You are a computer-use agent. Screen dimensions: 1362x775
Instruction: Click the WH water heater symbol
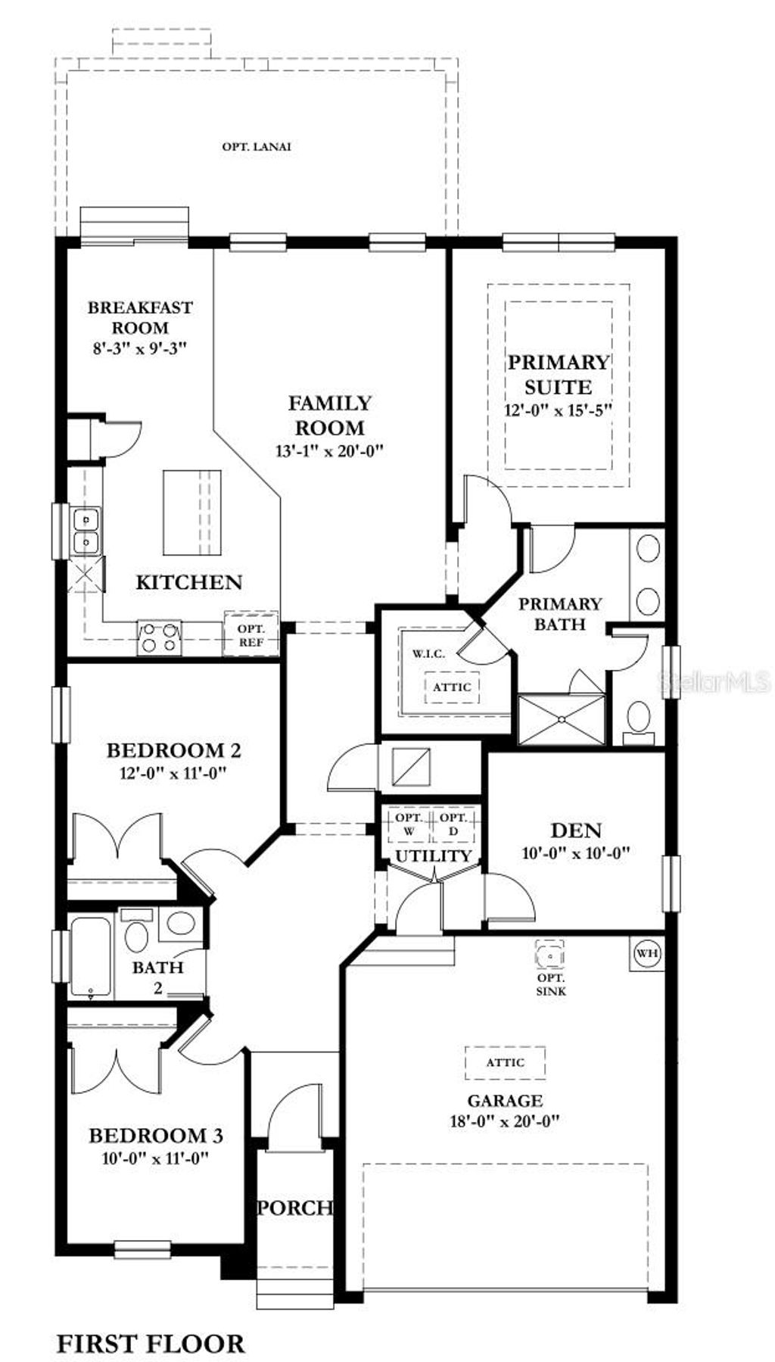646,952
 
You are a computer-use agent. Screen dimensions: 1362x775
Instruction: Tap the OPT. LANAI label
257,147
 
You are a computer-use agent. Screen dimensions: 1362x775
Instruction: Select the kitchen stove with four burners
160,637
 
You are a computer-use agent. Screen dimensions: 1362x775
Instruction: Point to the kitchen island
192,512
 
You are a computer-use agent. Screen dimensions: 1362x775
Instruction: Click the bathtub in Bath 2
90,957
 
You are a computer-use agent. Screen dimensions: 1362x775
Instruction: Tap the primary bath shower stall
561,719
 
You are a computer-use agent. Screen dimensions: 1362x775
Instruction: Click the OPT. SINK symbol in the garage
549,956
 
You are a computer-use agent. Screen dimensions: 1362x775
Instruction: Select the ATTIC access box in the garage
505,1062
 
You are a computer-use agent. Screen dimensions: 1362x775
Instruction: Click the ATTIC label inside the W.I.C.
452,687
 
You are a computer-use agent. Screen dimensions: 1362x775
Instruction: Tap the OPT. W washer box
409,824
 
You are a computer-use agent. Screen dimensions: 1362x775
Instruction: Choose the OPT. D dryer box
453,824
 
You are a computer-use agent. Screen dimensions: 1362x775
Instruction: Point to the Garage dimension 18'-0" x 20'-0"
505,1121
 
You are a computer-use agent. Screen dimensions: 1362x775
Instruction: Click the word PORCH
294,1208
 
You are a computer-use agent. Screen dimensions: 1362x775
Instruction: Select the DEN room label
576,831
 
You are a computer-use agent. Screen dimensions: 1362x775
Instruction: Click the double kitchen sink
86,531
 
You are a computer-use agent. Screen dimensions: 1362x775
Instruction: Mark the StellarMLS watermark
714,682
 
